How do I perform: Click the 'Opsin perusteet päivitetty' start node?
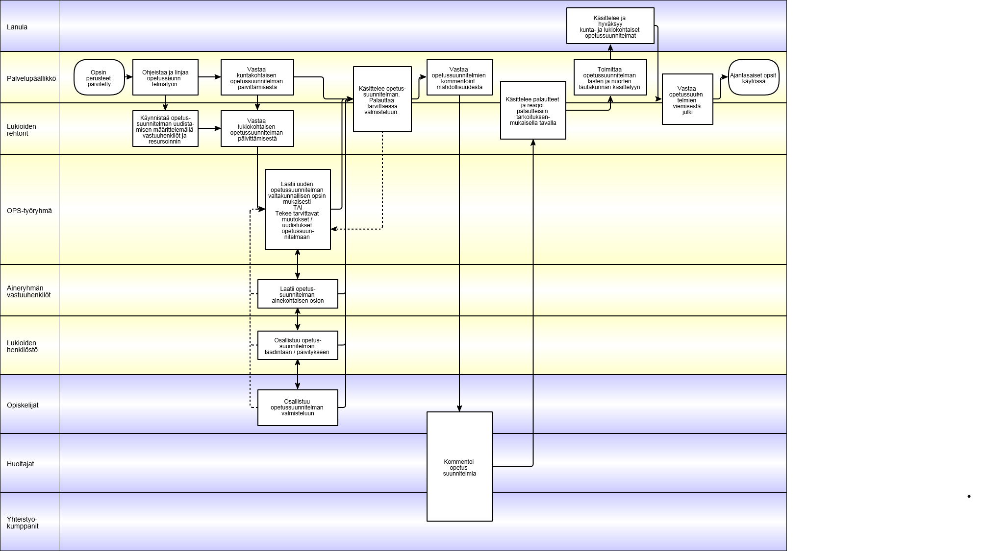click(x=100, y=77)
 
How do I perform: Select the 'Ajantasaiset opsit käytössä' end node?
click(x=754, y=77)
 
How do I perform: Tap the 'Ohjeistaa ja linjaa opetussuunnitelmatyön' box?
click(x=165, y=77)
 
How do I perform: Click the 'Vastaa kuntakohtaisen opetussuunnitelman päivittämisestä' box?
click(x=257, y=77)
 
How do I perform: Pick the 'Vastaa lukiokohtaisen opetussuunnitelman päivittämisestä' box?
click(x=257, y=129)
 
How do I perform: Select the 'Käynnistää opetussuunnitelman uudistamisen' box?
click(x=165, y=129)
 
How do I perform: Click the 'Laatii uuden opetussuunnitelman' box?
click(x=298, y=210)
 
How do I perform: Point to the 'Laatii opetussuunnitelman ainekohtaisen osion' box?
click(x=298, y=294)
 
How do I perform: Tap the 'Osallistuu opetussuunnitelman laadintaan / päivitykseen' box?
click(x=298, y=345)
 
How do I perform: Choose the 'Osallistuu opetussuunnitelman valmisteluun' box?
click(x=298, y=407)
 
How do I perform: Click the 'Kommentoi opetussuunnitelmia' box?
click(x=459, y=467)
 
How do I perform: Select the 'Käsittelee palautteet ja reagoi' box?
click(x=533, y=110)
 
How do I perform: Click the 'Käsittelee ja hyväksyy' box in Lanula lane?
click(x=610, y=26)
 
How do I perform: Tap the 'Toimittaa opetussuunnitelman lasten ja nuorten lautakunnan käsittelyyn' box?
click(x=610, y=77)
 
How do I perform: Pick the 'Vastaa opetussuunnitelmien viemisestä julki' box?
click(x=687, y=99)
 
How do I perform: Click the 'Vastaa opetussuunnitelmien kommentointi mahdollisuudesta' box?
click(x=459, y=77)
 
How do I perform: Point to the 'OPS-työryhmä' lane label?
click(x=29, y=211)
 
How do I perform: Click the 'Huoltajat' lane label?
click(x=21, y=464)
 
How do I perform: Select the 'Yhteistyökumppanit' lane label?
click(x=23, y=523)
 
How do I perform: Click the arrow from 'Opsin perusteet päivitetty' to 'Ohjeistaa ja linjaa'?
click(x=129, y=77)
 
